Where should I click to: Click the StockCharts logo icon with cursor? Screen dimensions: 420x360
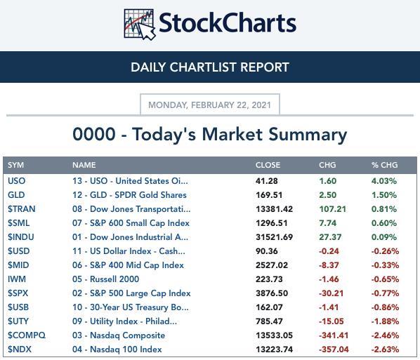(x=140, y=25)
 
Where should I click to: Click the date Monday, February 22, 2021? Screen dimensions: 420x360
(x=210, y=105)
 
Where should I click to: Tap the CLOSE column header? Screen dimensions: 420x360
(x=268, y=165)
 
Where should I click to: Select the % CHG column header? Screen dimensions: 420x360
(x=384, y=165)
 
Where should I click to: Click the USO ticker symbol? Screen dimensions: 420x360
(x=16, y=181)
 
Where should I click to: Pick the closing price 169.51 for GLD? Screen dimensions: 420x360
(x=269, y=195)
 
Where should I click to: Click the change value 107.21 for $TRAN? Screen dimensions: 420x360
(x=332, y=209)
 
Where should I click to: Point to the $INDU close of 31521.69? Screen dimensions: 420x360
(x=274, y=237)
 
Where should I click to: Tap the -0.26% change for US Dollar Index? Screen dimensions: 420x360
(x=385, y=251)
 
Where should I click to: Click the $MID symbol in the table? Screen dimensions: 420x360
(x=18, y=265)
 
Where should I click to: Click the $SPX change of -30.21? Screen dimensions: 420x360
(x=331, y=293)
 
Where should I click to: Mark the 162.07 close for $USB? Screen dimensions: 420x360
(x=269, y=307)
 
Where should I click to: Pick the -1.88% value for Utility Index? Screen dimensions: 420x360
(x=385, y=321)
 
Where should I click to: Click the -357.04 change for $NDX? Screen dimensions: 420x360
(x=334, y=349)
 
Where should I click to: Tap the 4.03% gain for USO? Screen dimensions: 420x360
(x=384, y=181)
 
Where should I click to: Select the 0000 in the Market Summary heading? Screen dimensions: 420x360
(x=94, y=134)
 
